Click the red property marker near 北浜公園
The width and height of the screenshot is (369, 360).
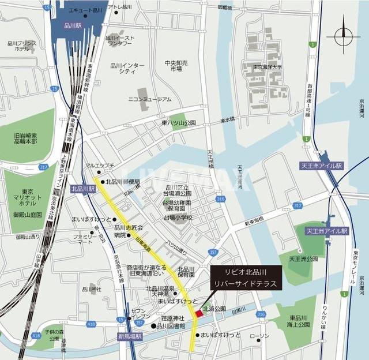pos(199,313)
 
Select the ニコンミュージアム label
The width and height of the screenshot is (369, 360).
pos(149,99)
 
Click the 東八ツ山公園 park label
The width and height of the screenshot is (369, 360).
pos(178,123)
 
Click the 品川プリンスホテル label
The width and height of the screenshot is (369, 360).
pos(22,46)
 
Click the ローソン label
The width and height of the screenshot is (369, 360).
pos(260,336)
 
